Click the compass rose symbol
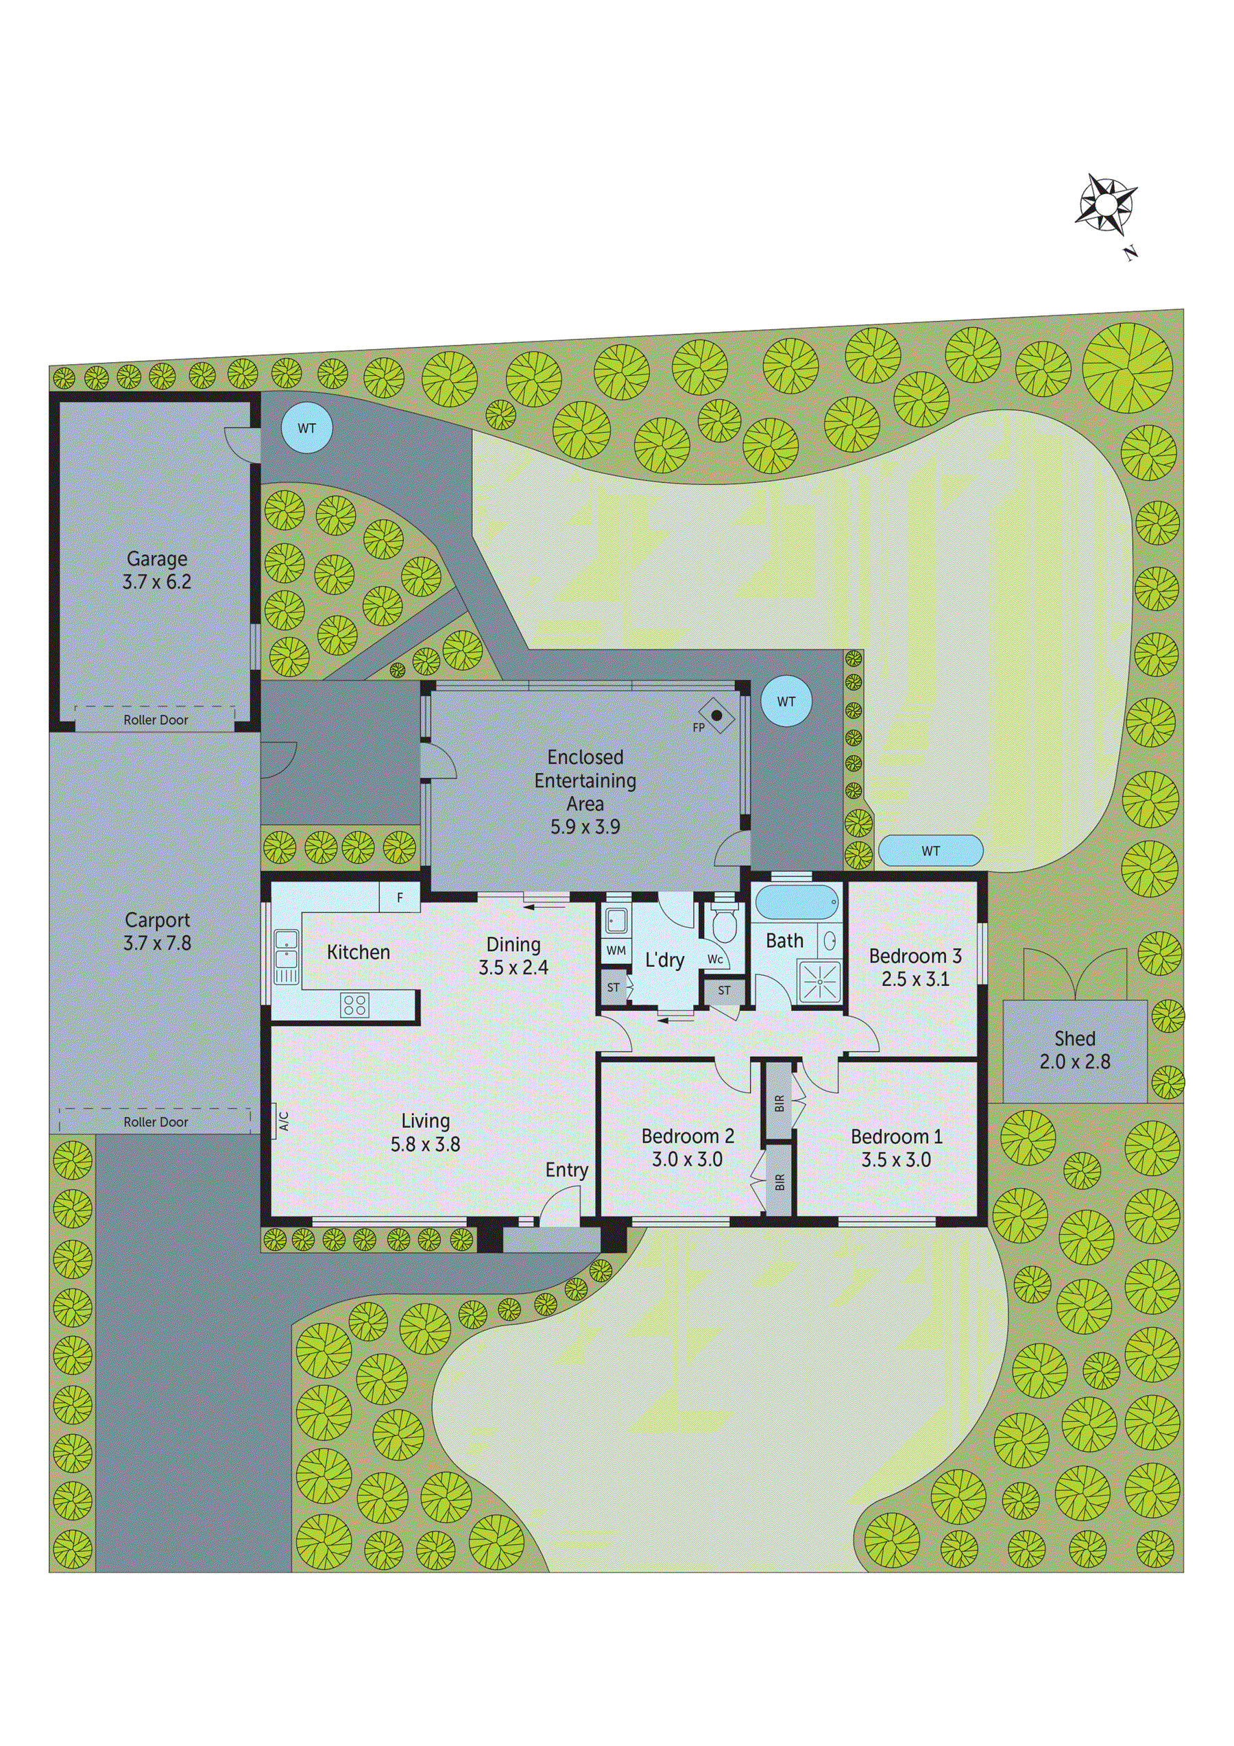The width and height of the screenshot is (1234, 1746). (1106, 203)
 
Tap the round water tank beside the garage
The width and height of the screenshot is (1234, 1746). (306, 428)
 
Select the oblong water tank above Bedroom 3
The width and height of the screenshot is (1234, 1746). (930, 851)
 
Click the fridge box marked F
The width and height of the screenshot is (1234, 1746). (400, 898)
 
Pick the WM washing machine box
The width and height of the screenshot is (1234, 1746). (616, 950)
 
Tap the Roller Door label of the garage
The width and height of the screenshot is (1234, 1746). (156, 720)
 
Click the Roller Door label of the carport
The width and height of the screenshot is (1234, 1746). (156, 1122)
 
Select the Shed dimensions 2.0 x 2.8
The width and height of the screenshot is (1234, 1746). (1074, 1062)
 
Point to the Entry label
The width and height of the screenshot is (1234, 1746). (566, 1171)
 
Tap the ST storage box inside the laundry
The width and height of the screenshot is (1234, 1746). (614, 988)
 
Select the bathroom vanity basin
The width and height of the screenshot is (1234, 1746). (830, 940)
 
